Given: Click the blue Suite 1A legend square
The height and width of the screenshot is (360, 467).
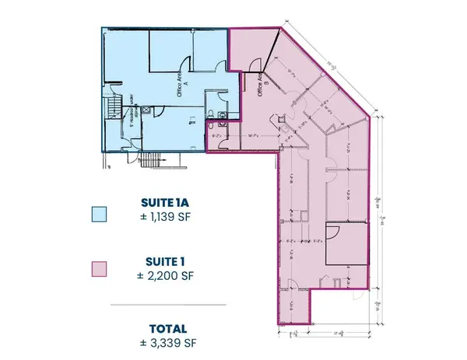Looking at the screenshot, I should [98, 214].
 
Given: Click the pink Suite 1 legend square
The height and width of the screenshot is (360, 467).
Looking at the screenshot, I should [98, 269].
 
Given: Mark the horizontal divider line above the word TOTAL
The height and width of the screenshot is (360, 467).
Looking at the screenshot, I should [167, 304].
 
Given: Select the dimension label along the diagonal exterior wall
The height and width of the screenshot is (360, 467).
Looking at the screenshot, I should [320, 59].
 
